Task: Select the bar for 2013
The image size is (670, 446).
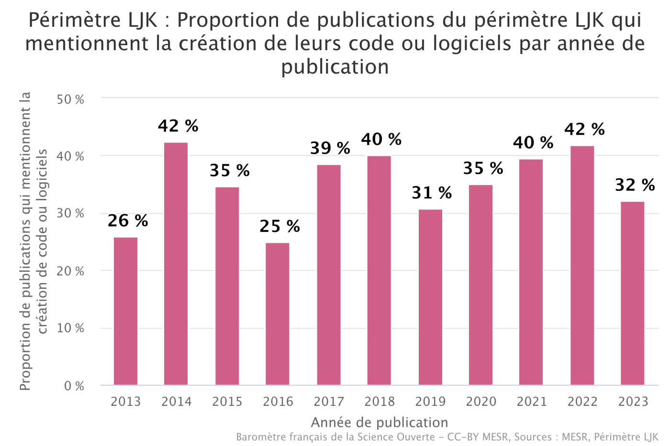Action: (x=125, y=311)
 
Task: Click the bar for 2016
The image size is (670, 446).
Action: (x=278, y=314)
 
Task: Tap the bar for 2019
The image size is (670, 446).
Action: (x=430, y=297)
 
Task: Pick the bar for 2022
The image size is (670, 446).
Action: (x=582, y=265)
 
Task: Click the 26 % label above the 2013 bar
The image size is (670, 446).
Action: (x=128, y=221)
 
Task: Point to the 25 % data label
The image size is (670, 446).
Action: (x=279, y=226)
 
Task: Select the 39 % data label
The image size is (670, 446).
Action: (x=330, y=148)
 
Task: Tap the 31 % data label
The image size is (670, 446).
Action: (x=432, y=193)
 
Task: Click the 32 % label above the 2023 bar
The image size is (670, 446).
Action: (x=635, y=185)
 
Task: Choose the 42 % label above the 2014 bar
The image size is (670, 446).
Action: (x=178, y=126)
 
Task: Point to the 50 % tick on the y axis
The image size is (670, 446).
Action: (x=70, y=99)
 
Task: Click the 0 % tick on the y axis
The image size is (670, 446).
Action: (x=74, y=386)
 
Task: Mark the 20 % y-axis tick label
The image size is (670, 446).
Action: (x=70, y=271)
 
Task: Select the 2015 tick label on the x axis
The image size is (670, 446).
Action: (x=227, y=402)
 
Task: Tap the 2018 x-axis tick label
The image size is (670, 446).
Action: (x=380, y=402)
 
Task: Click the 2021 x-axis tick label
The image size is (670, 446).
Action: (x=532, y=402)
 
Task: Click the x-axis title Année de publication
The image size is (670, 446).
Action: (x=380, y=423)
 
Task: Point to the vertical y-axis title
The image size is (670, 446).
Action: (x=33, y=241)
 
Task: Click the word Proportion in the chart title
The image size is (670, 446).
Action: (x=225, y=20)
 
